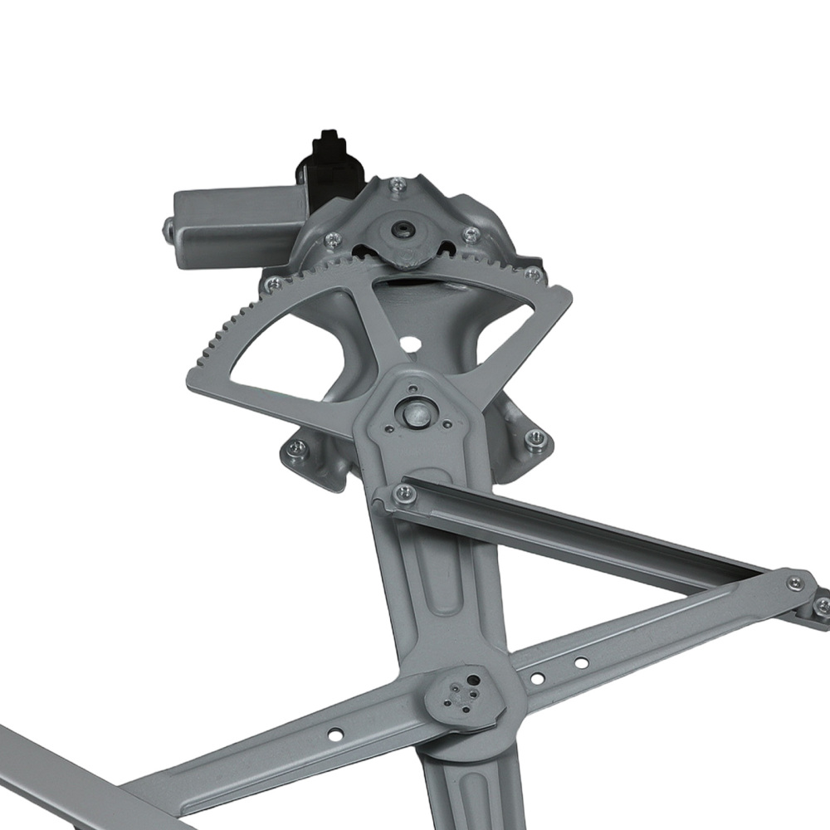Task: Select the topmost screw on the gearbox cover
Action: click(x=398, y=184)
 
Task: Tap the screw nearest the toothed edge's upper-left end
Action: click(x=271, y=284)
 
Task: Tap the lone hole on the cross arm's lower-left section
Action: click(x=335, y=734)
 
